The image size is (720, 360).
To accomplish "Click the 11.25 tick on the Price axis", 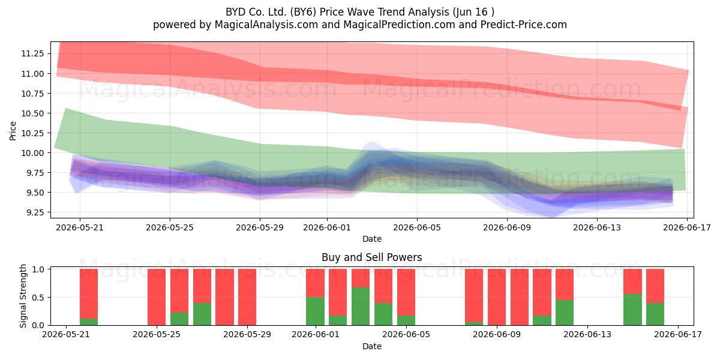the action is pos(32,53).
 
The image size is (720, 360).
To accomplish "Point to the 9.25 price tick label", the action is pos(32,212).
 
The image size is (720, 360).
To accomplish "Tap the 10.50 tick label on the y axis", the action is pos(32,113).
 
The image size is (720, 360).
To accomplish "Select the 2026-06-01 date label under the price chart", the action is pos(327,227).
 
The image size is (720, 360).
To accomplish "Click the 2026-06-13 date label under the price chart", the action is pos(597,227).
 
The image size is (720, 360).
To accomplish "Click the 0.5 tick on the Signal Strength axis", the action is pos(38,298).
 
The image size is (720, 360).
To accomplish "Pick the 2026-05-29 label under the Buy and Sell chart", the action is pos(247,335).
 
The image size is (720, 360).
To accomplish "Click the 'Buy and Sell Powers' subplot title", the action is pos(371,257).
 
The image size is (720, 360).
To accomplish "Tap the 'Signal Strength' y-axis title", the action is pos(23,296).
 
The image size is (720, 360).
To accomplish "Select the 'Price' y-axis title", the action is pos(13,131).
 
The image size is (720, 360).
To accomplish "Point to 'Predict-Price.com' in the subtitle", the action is pos(524,25).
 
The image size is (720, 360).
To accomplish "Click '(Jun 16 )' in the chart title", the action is pos(473,12).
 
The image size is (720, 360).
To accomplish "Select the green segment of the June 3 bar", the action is pos(361,307).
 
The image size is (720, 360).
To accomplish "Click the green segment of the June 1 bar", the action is pos(315,311).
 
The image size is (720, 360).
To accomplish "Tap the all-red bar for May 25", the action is pos(157,297).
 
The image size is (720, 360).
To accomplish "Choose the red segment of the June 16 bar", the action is pos(655,286).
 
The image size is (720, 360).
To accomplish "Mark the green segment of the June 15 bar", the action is pos(632,310).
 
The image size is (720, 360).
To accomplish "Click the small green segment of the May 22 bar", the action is pos(89,322).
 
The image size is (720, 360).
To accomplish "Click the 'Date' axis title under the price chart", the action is pos(372,239).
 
